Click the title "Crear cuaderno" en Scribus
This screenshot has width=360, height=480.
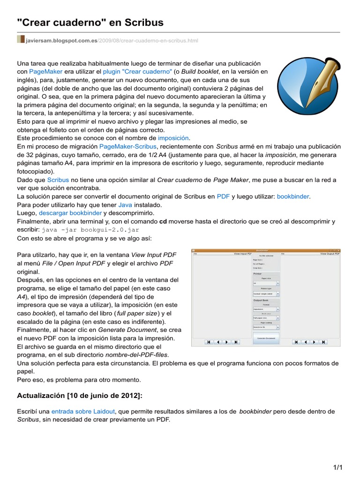coord(90,22)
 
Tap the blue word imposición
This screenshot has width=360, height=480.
coord(173,138)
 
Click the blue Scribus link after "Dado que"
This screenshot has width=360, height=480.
coord(58,180)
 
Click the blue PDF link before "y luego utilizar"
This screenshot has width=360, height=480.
coord(223,196)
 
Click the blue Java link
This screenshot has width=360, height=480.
coord(125,205)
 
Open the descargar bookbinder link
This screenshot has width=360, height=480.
coord(70,213)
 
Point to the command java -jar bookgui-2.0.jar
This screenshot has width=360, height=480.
coord(90,230)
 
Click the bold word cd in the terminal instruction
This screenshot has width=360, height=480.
coord(163,222)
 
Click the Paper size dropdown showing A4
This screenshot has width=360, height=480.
coord(266,283)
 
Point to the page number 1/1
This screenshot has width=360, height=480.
coord(338,468)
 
